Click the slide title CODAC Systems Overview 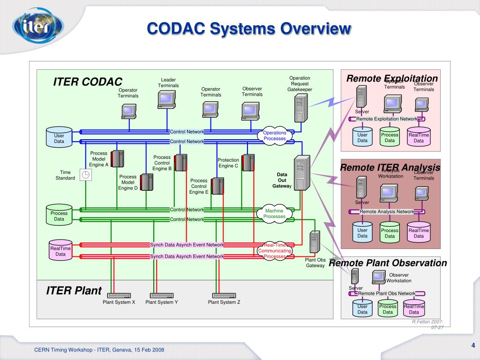(249, 29)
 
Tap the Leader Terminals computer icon (167, 99)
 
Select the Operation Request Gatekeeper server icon (300, 107)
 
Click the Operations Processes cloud (275, 136)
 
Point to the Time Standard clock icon (85, 175)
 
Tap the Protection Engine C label (228, 163)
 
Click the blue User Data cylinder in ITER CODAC (59, 137)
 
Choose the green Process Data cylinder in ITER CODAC (59, 215)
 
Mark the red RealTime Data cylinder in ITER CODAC (60, 250)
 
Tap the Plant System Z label (224, 302)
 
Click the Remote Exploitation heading (392, 78)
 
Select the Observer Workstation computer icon (379, 277)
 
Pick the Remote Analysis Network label (387, 211)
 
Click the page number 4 (473, 346)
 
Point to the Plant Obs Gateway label (315, 263)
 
